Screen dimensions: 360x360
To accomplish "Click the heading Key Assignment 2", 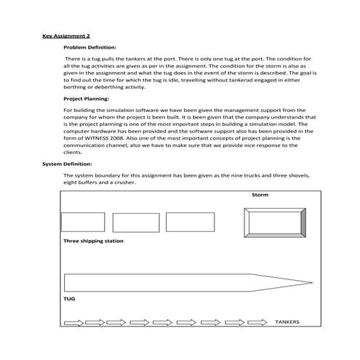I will click(x=66, y=35).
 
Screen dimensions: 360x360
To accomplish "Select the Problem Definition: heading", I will click(x=90, y=46).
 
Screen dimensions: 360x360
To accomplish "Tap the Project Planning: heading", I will click(x=87, y=98).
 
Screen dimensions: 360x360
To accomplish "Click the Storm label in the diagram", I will click(x=260, y=196).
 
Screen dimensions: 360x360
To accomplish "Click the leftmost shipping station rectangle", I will click(x=82, y=222).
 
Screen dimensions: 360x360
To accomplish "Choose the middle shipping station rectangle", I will click(x=136, y=222).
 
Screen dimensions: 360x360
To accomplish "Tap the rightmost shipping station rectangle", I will click(x=189, y=222).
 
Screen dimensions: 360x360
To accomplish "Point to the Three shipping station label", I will click(x=93, y=241).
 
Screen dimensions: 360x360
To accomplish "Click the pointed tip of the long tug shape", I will click(x=311, y=282).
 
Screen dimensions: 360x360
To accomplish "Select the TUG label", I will click(x=70, y=299).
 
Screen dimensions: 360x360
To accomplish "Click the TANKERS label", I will click(x=287, y=321).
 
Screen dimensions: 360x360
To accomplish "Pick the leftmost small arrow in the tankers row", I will click(x=73, y=322).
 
